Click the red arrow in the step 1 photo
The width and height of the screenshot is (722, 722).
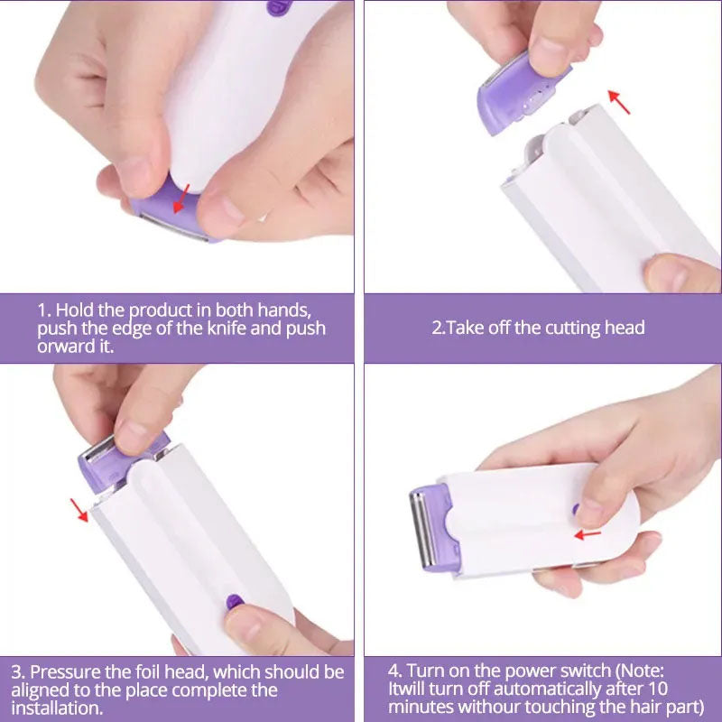181,197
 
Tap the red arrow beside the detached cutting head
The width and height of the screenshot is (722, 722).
619,101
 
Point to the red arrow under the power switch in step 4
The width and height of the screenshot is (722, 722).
588,533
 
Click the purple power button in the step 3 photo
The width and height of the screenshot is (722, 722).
233,600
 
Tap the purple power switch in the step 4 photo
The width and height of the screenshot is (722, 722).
575,509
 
